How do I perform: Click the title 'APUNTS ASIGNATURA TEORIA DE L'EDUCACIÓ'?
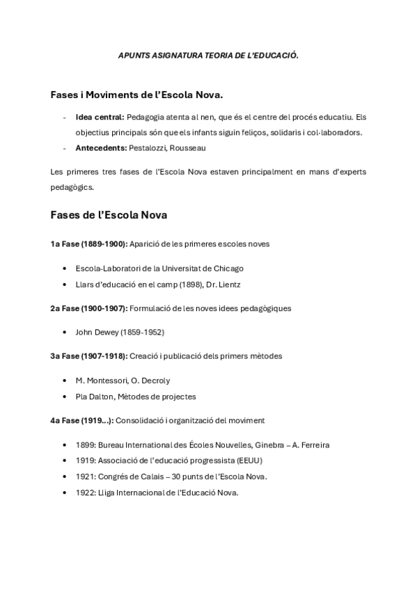(208, 55)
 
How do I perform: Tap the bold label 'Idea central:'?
(100, 117)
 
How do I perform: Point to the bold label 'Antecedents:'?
(101, 147)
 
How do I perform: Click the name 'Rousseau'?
(188, 147)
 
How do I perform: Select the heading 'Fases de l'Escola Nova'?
(108, 215)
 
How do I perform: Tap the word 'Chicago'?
(228, 268)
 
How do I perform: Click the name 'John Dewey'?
(97, 332)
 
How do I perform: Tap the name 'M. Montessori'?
(101, 381)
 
